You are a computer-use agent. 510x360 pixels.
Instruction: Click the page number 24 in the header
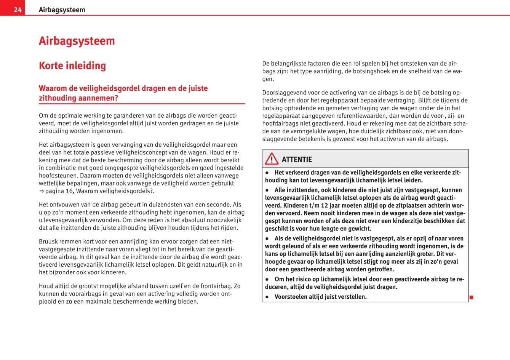18,10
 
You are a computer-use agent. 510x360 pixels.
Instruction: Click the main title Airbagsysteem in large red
77,41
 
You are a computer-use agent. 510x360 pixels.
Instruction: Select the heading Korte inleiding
72,66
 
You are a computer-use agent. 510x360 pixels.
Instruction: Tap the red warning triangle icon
272,159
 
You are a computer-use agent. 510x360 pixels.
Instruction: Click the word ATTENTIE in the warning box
297,160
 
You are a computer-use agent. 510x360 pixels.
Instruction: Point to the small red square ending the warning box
471,297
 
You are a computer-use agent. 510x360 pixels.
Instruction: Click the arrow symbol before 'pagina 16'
42,191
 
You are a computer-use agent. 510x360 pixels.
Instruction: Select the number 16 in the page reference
69,191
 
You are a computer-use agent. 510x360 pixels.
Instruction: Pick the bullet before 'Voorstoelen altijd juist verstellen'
267,297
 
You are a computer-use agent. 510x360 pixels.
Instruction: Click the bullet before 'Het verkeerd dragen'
267,173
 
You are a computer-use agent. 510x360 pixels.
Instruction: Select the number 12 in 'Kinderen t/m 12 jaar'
324,205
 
